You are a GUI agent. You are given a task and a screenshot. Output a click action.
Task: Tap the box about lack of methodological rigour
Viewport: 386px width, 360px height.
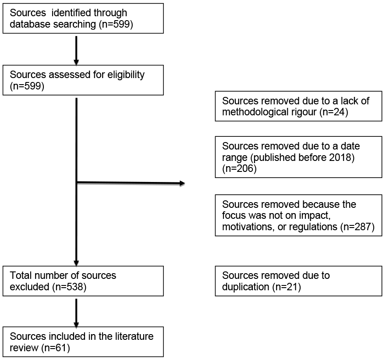[298, 106]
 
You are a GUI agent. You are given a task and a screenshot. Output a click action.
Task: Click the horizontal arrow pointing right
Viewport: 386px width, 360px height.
[131, 183]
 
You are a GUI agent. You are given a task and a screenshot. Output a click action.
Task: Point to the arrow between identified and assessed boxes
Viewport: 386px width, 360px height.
[76, 50]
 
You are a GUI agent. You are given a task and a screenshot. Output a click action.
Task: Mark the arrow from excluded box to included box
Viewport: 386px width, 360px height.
[76, 312]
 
